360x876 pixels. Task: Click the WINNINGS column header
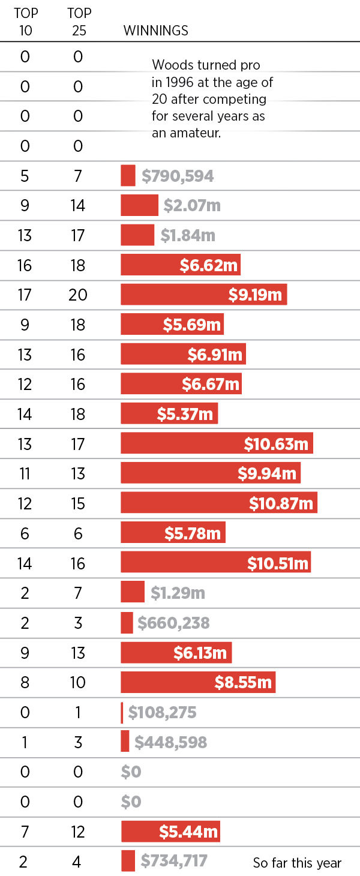(x=155, y=31)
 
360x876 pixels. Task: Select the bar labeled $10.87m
(x=218, y=503)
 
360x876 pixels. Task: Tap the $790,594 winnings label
(x=178, y=176)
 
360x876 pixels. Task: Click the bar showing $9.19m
(x=203, y=295)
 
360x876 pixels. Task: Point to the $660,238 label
(x=173, y=623)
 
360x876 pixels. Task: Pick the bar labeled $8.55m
(x=198, y=682)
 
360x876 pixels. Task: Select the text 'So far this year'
(x=297, y=863)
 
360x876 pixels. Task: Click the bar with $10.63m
(x=217, y=444)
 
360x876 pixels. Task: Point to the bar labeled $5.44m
(x=170, y=832)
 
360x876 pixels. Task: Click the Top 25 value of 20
(x=78, y=295)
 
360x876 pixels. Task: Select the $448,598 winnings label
(x=170, y=742)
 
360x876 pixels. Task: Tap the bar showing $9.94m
(x=211, y=473)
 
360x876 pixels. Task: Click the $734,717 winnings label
(x=174, y=862)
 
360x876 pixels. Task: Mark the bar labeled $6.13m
(x=176, y=653)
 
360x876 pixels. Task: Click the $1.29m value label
(x=178, y=593)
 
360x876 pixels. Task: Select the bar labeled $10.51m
(x=215, y=563)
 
